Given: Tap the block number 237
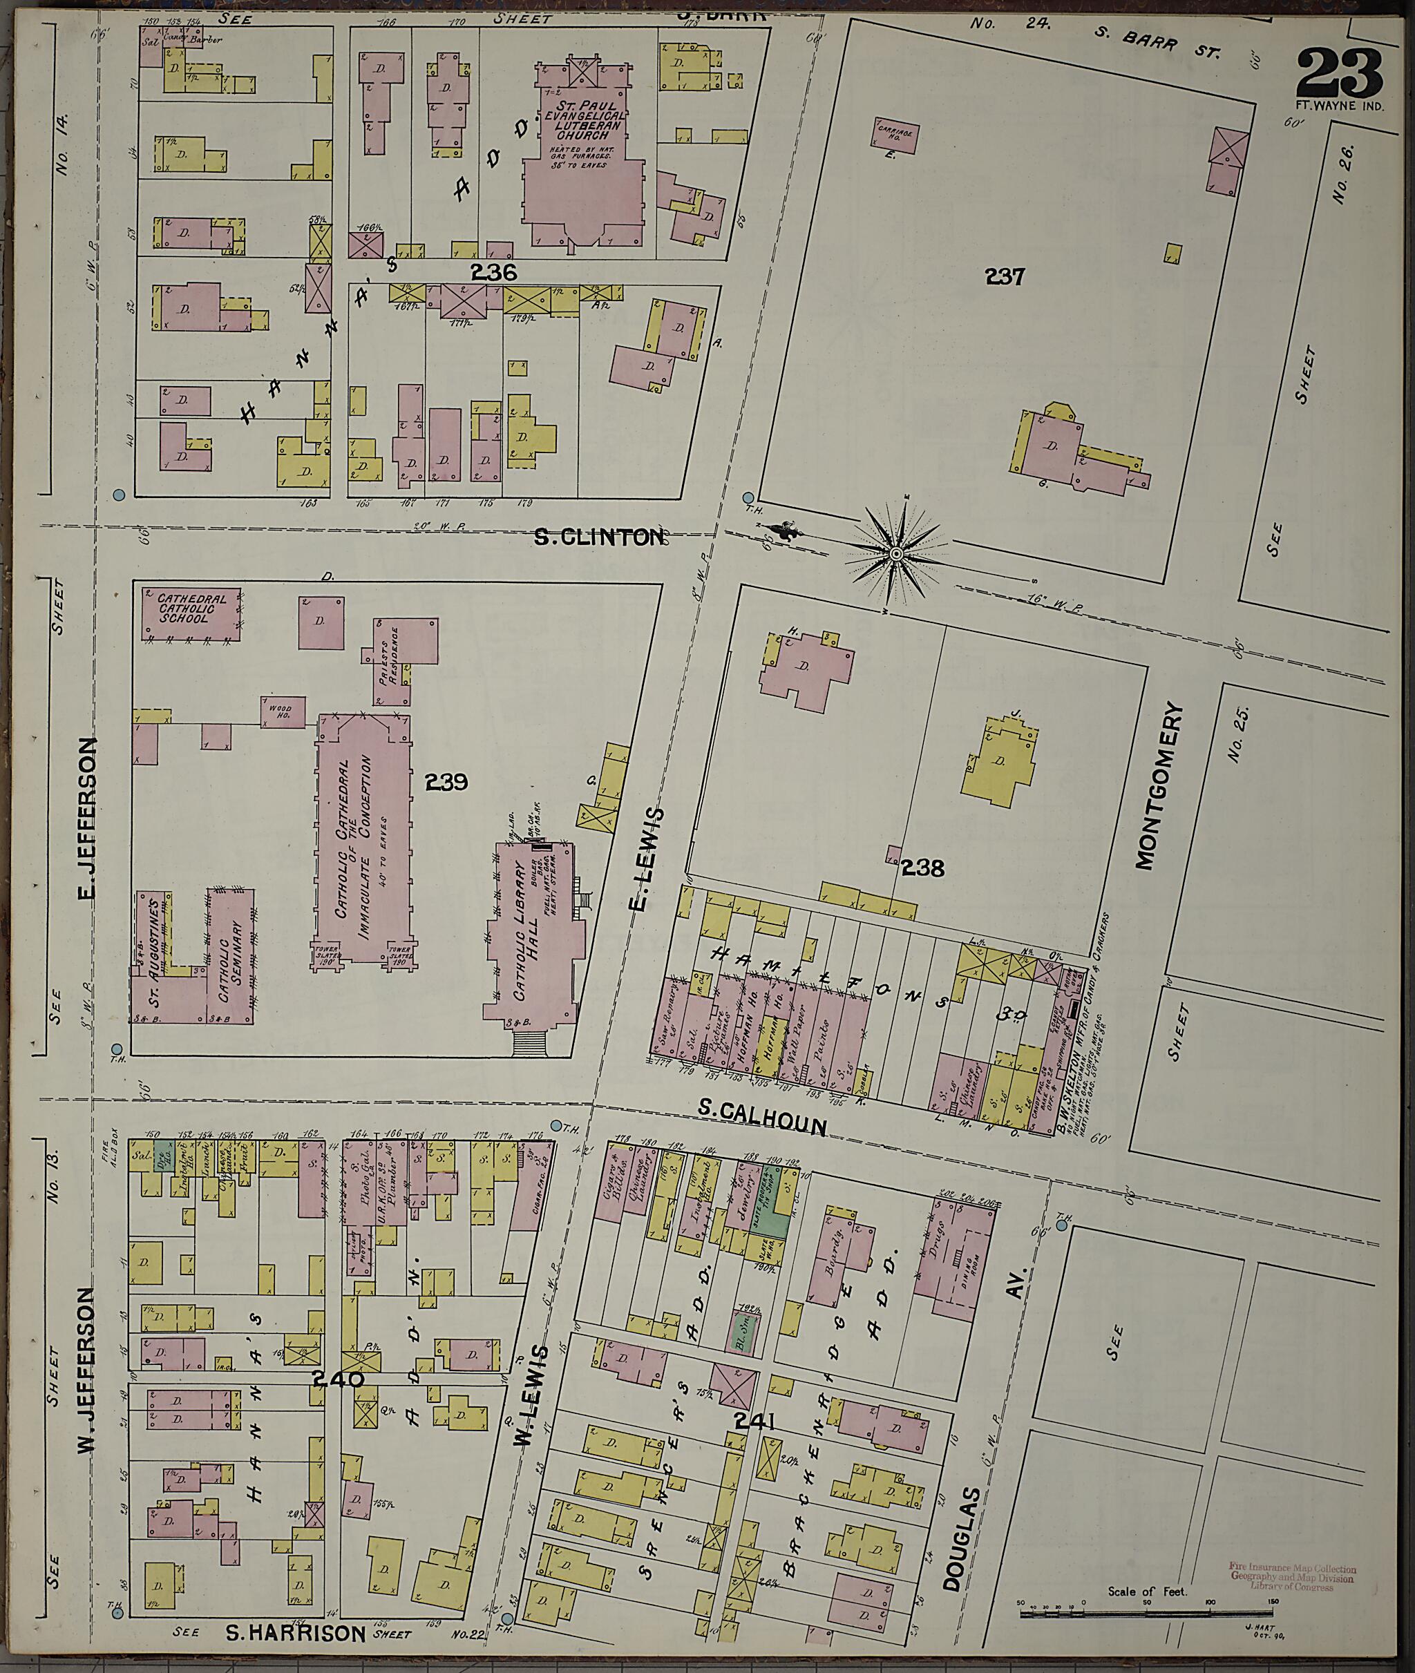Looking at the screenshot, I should point(1005,277).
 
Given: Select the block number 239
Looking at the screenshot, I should point(447,781).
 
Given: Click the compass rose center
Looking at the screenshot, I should point(897,553).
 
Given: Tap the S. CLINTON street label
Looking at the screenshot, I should point(599,537).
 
